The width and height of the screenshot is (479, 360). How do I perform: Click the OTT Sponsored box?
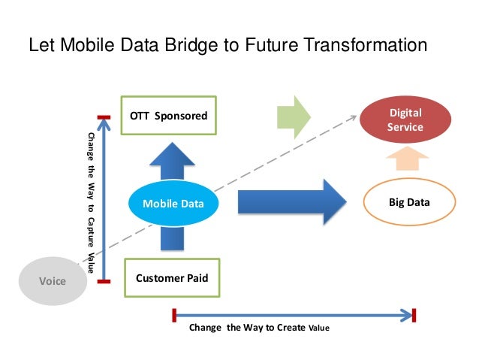[168, 115]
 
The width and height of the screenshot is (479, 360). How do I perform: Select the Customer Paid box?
[171, 279]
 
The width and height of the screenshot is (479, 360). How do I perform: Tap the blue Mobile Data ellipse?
[173, 202]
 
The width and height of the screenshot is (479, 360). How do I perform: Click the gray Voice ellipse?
[53, 281]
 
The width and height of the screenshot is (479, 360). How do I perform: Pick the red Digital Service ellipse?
[405, 119]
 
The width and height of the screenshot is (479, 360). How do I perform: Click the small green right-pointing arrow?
[294, 116]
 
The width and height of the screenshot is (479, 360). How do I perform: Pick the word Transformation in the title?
[366, 47]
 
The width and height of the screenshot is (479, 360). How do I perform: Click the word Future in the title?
[279, 47]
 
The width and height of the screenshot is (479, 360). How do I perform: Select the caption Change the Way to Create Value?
[259, 328]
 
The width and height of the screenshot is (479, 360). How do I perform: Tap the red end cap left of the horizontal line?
[174, 314]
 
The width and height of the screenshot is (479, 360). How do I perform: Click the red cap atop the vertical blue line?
[104, 117]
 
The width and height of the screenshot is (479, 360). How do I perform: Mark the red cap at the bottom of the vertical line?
[104, 282]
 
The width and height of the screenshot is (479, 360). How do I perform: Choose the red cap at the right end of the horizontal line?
[414, 314]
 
